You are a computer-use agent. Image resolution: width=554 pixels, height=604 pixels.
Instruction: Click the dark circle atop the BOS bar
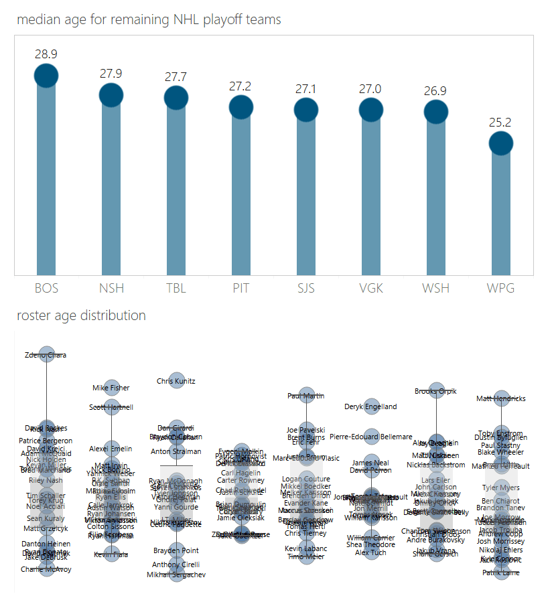point(46,76)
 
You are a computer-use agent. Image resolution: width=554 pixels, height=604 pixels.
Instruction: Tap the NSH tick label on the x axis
point(111,289)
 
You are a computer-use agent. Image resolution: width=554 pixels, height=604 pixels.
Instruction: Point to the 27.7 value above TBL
point(176,77)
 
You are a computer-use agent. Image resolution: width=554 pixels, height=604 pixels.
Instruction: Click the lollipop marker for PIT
point(241,106)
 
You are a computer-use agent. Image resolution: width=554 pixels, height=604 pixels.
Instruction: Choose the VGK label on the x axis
point(371,289)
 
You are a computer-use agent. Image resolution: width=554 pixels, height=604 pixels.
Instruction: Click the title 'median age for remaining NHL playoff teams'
point(149,19)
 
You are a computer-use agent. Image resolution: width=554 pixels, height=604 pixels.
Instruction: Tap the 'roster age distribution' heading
point(81,315)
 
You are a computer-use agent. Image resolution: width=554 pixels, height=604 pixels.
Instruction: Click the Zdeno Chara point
point(46,355)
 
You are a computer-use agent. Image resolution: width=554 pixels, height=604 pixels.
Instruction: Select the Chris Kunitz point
point(176,381)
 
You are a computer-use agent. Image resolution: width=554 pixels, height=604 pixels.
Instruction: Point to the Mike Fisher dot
point(111,388)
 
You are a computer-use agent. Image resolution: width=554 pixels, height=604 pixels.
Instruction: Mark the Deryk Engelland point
point(371,406)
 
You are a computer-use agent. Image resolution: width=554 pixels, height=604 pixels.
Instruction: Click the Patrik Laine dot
point(501,573)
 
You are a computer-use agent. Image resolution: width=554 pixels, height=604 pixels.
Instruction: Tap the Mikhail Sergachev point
point(176,575)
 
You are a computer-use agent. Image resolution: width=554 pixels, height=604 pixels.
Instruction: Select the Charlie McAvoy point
point(46,569)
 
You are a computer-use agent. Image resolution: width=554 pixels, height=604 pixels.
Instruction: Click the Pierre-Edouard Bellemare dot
point(371,437)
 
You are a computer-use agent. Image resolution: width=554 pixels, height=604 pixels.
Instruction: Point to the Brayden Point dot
point(176,550)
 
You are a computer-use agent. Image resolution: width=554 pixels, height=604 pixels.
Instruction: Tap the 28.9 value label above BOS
point(46,54)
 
